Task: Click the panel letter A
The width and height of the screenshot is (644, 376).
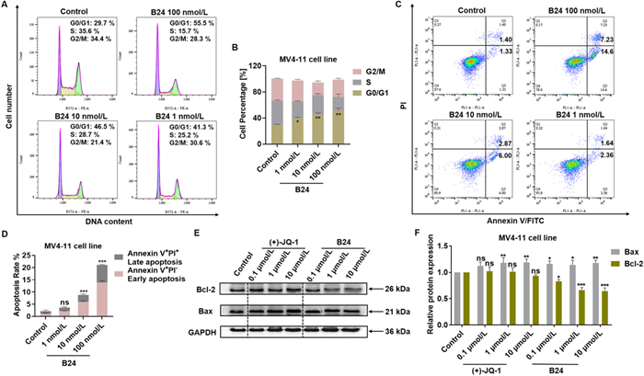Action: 6,6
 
